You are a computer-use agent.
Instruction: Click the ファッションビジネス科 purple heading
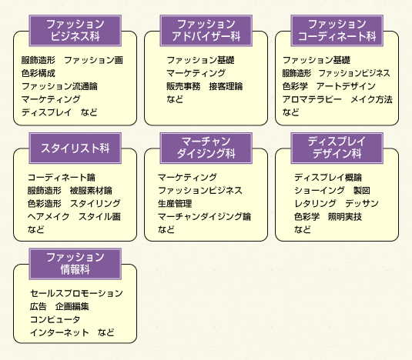tap(75, 31)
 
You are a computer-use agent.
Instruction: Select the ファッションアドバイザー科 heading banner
tap(206, 31)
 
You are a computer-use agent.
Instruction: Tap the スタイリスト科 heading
tap(75, 148)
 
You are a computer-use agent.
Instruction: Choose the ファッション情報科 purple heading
tap(75, 264)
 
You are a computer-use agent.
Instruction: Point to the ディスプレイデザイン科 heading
tap(337, 148)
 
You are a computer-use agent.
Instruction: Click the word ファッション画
tap(93, 60)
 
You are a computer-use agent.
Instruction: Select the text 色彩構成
tap(39, 73)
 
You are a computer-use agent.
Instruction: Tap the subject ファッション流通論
tap(59, 86)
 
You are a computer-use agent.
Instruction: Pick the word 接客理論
tap(226, 86)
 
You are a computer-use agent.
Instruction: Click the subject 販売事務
tap(183, 86)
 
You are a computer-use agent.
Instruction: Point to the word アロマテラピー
tap(312, 99)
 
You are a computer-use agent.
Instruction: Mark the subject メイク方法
tap(371, 99)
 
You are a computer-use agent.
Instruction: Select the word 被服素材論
tap(91, 191)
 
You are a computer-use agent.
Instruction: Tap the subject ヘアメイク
tap(49, 217)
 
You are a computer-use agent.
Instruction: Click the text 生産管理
tap(175, 204)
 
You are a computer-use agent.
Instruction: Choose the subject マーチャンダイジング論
tap(204, 217)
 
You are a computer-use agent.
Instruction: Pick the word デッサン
tap(362, 204)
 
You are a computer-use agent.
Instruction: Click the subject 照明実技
tap(345, 217)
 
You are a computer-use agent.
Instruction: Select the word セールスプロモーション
tap(76, 293)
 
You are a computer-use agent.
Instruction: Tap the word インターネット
tap(59, 333)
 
